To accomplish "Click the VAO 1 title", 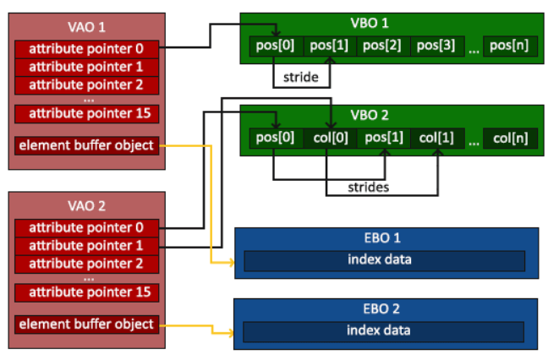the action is (x=86, y=27).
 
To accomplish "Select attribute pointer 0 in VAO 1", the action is (x=86, y=49).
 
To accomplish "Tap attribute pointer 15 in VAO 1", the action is (x=86, y=114).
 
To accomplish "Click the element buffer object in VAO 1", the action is (x=86, y=145).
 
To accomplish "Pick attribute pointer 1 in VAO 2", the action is (x=86, y=246).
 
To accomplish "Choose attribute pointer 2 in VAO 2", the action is (x=86, y=265).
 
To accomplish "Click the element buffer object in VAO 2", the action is (x=86, y=325).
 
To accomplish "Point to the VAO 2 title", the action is (x=86, y=206).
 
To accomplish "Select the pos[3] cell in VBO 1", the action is (x=437, y=46).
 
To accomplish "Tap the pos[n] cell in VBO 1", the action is (x=510, y=46).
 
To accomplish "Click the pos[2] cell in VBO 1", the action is (x=383, y=46).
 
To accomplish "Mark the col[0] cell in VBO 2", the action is (x=331, y=139).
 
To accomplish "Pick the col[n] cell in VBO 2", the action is (x=510, y=139).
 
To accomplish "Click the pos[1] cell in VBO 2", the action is (x=384, y=139).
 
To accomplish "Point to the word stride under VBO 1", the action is (x=301, y=77).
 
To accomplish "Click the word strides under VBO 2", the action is (x=369, y=188).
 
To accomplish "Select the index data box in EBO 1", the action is (x=385, y=261).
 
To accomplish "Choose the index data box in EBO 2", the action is (x=383, y=332).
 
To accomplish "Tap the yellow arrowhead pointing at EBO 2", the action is (x=231, y=333).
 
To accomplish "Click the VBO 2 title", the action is (x=370, y=115).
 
